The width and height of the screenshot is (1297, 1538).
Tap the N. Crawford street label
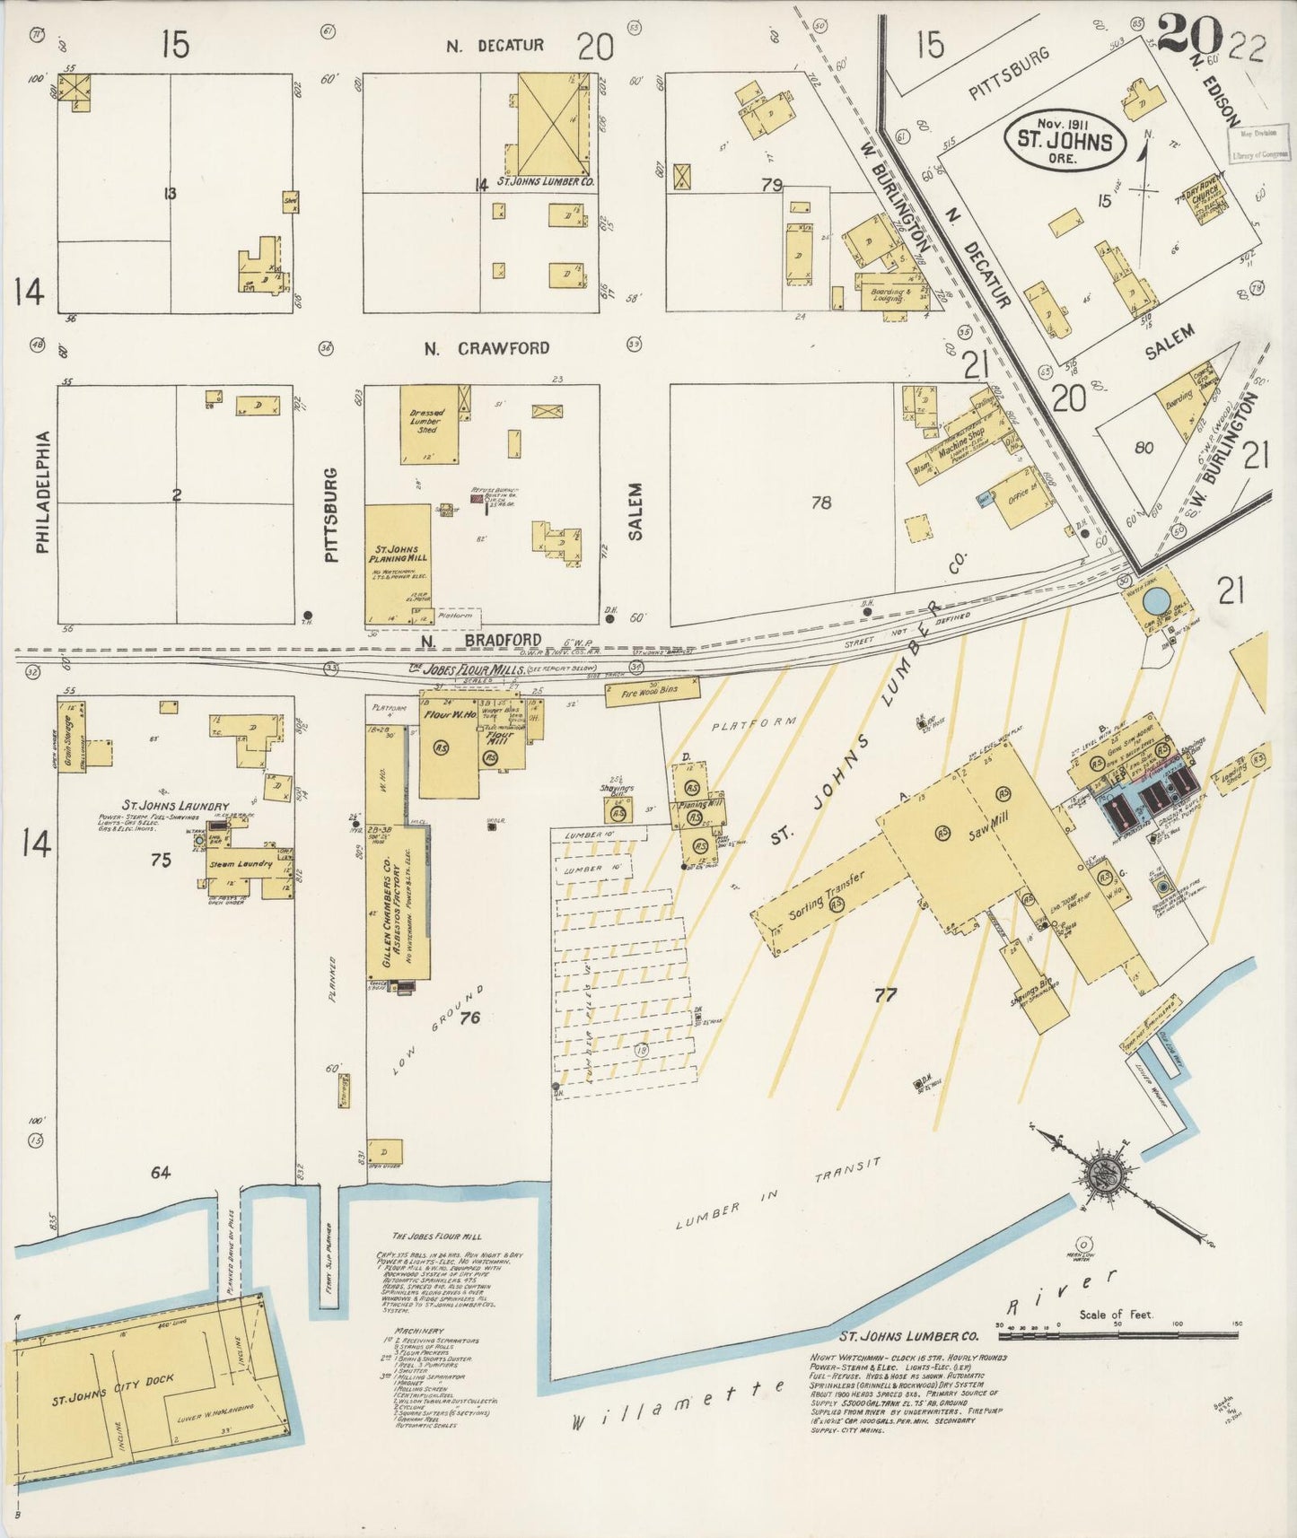(486, 348)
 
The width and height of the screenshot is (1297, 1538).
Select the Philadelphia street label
(42, 493)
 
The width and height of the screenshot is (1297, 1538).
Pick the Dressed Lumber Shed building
(428, 424)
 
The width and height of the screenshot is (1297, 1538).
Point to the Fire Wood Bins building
(653, 690)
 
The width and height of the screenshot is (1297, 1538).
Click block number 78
(820, 502)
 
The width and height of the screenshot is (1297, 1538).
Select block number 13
(171, 192)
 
